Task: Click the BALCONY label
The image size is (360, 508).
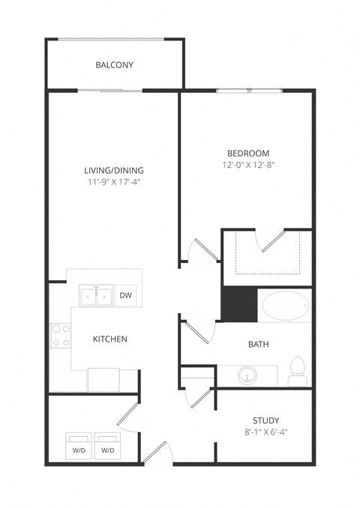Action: pos(114,65)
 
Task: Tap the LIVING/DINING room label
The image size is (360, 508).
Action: pos(114,170)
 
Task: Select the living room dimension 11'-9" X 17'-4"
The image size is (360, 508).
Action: pos(114,182)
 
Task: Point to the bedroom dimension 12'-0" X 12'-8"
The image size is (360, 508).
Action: pos(245,164)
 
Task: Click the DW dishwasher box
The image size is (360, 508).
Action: pos(125,296)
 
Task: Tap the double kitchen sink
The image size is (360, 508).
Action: pos(96,296)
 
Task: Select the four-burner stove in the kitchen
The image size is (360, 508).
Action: pos(60,335)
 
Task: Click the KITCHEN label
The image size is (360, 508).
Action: pos(109,339)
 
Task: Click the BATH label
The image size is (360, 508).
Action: pos(259,345)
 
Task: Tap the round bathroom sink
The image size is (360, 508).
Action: pos(245,375)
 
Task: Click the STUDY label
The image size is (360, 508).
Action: pos(265,420)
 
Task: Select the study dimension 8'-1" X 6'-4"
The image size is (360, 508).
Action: pos(265,432)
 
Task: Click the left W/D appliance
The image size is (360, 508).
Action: pos(78,445)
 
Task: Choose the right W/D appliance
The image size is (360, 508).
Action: pos(107,445)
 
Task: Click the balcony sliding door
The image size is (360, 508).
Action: pos(111,91)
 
